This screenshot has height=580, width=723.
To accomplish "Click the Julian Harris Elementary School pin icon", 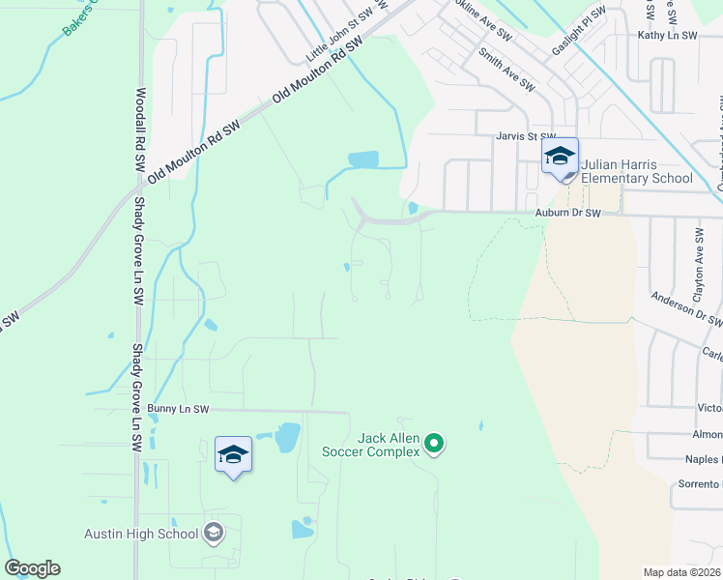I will click(x=560, y=158).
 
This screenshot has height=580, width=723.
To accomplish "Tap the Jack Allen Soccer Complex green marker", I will click(x=434, y=445).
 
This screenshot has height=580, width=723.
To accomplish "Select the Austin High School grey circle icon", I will click(x=214, y=533).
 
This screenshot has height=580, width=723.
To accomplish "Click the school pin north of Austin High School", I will click(x=233, y=455).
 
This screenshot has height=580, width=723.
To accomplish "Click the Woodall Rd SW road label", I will click(x=141, y=130).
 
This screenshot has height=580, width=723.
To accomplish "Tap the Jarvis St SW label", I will click(x=526, y=137).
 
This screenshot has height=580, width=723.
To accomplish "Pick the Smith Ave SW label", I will click(x=506, y=71).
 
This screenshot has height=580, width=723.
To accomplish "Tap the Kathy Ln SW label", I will click(x=667, y=36).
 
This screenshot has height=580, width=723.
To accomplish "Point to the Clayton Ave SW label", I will click(x=698, y=262).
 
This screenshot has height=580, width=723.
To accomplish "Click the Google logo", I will click(x=32, y=568).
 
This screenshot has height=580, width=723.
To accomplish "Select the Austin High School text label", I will click(x=141, y=534).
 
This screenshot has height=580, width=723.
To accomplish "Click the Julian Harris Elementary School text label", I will click(x=636, y=171).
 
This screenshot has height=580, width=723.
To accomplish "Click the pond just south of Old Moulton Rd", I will click(x=363, y=159).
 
